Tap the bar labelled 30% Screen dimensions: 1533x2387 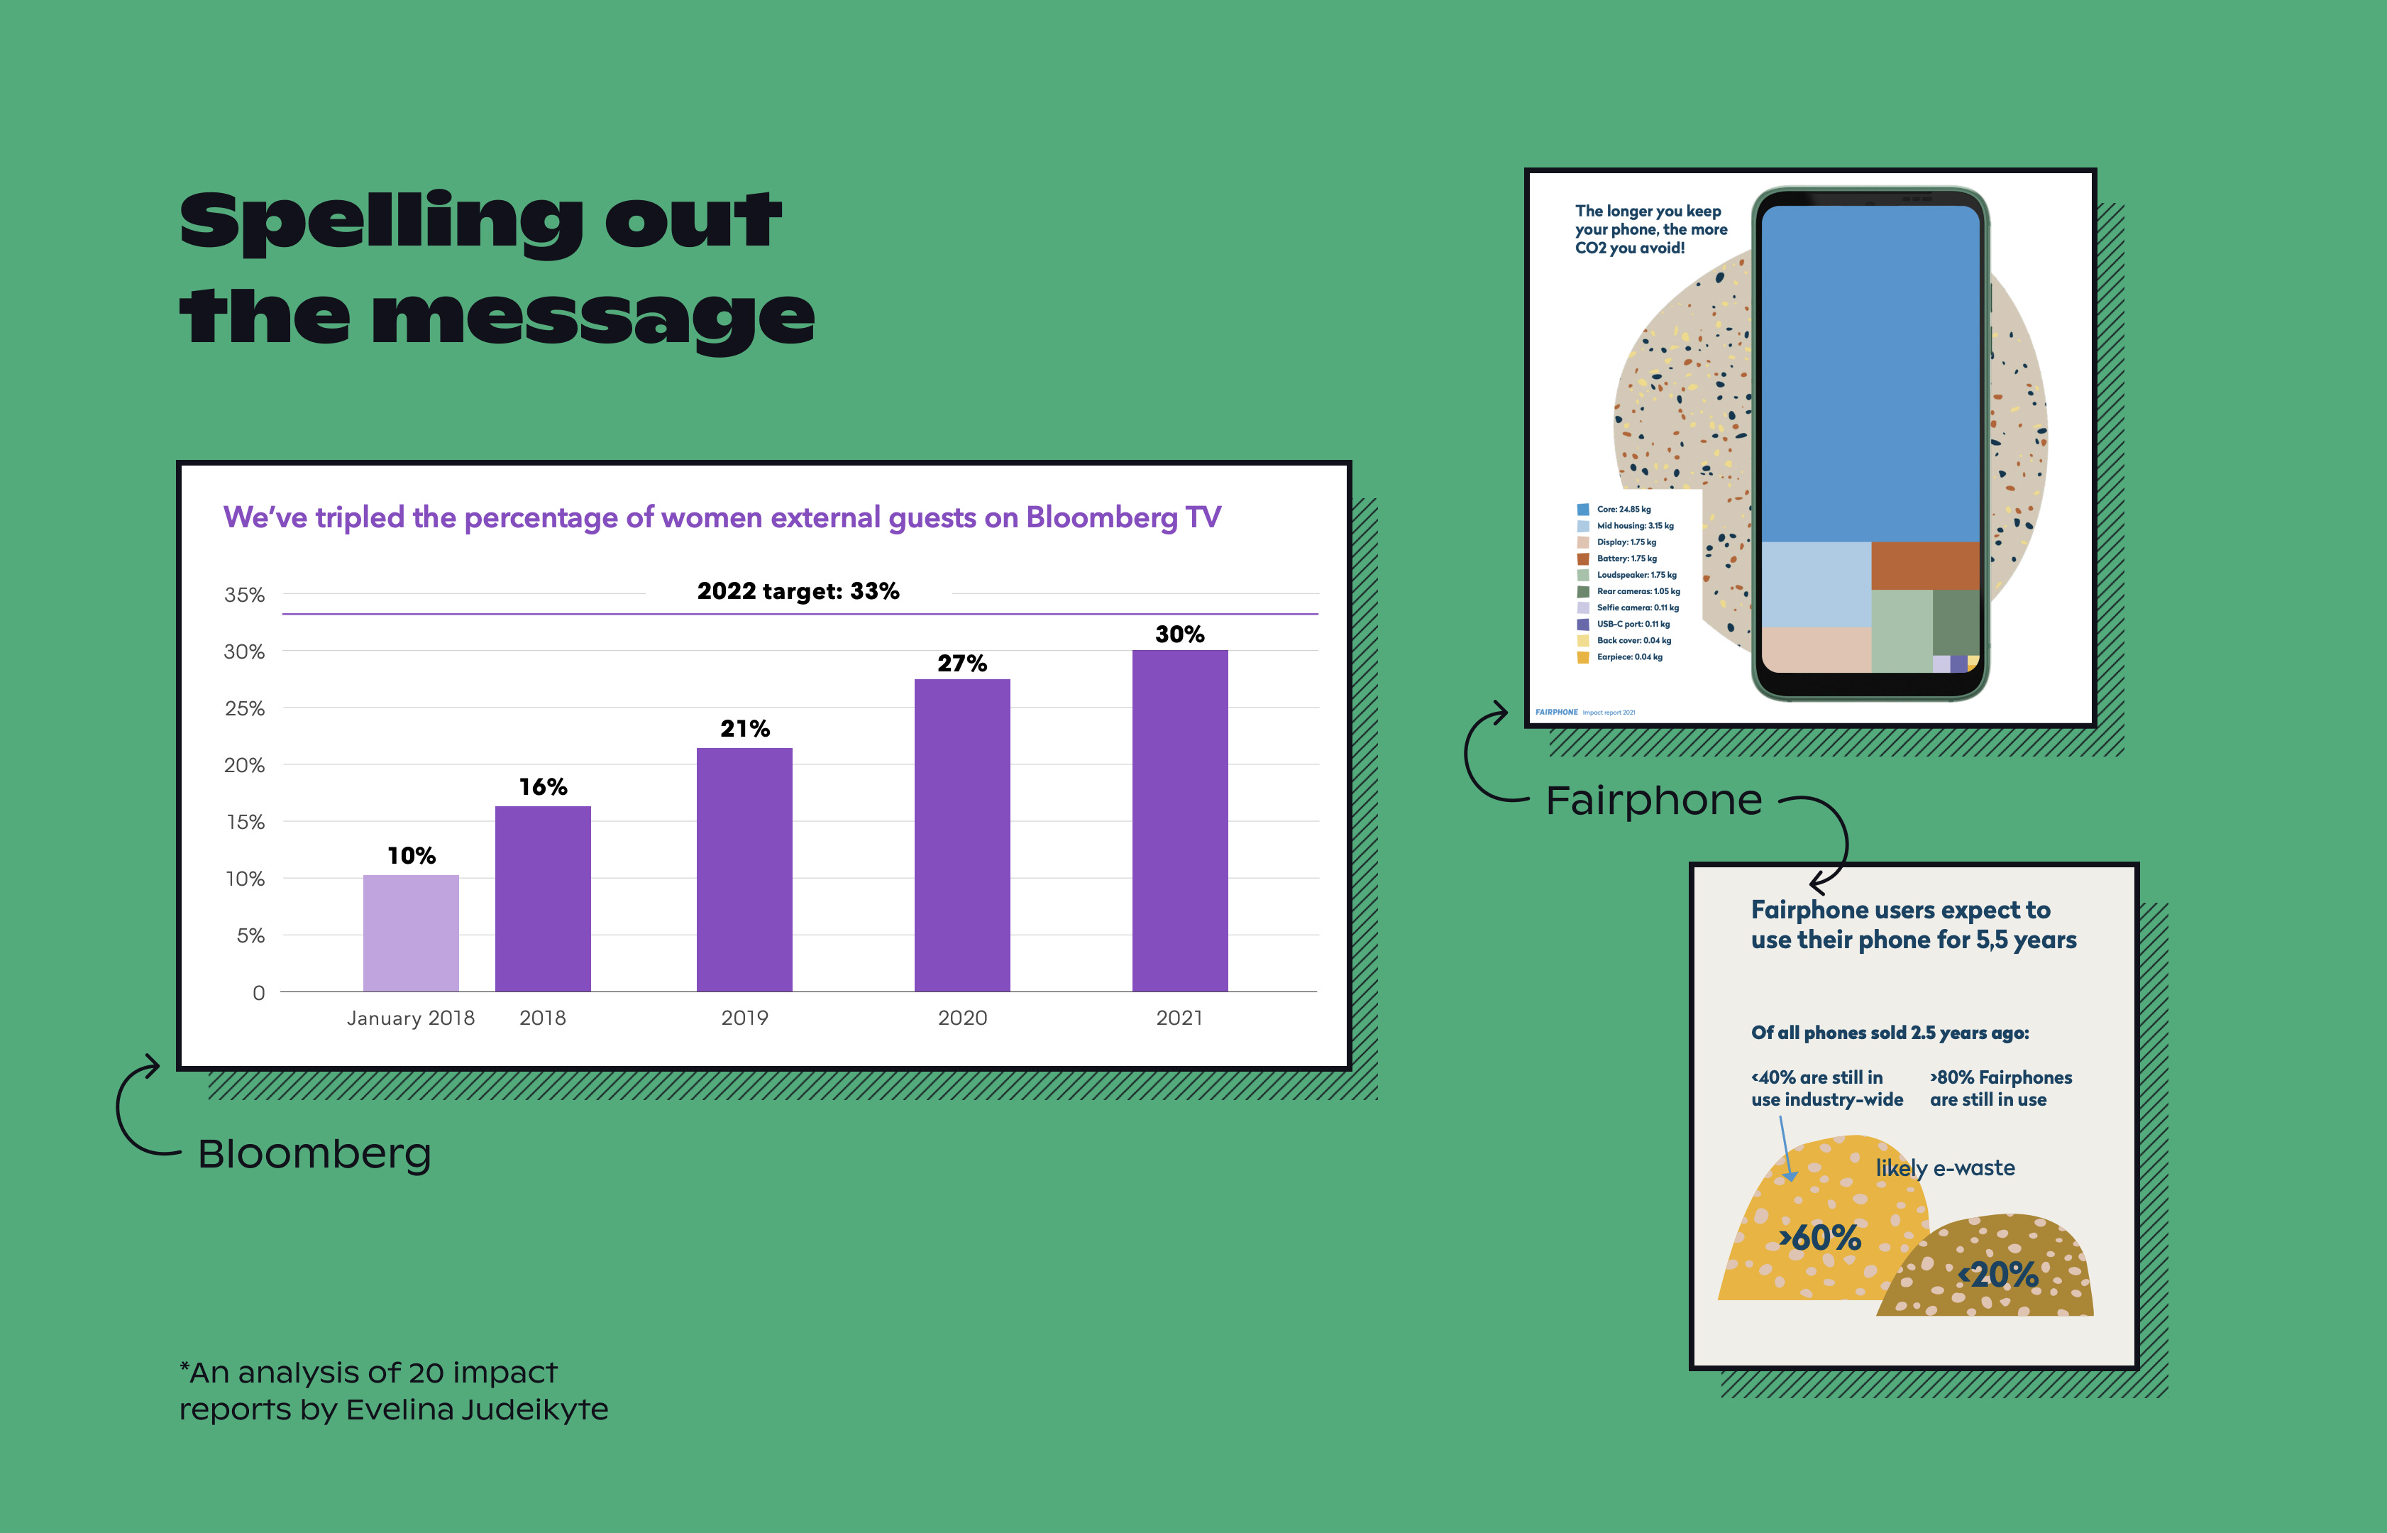(1179, 820)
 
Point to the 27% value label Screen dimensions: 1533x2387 (962, 664)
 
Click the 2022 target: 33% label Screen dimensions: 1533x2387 (798, 591)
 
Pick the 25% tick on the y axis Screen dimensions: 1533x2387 (244, 709)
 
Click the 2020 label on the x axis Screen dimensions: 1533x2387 (962, 1017)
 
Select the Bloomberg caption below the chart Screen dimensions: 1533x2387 (314, 1154)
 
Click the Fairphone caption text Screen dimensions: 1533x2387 (1654, 801)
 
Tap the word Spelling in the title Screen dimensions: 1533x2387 (381, 223)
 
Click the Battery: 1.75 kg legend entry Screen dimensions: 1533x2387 (1626, 559)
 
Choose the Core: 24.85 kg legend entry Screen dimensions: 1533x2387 (1623, 510)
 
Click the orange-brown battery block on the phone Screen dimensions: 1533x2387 (1924, 566)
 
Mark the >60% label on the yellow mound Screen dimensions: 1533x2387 (1820, 1238)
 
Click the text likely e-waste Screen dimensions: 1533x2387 (1945, 1167)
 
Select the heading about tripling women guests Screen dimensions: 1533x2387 (722, 517)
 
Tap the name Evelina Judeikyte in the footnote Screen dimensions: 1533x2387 (477, 1410)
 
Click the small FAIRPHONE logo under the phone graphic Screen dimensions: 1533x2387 (1556, 712)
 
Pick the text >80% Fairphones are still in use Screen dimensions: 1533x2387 (2000, 1088)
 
